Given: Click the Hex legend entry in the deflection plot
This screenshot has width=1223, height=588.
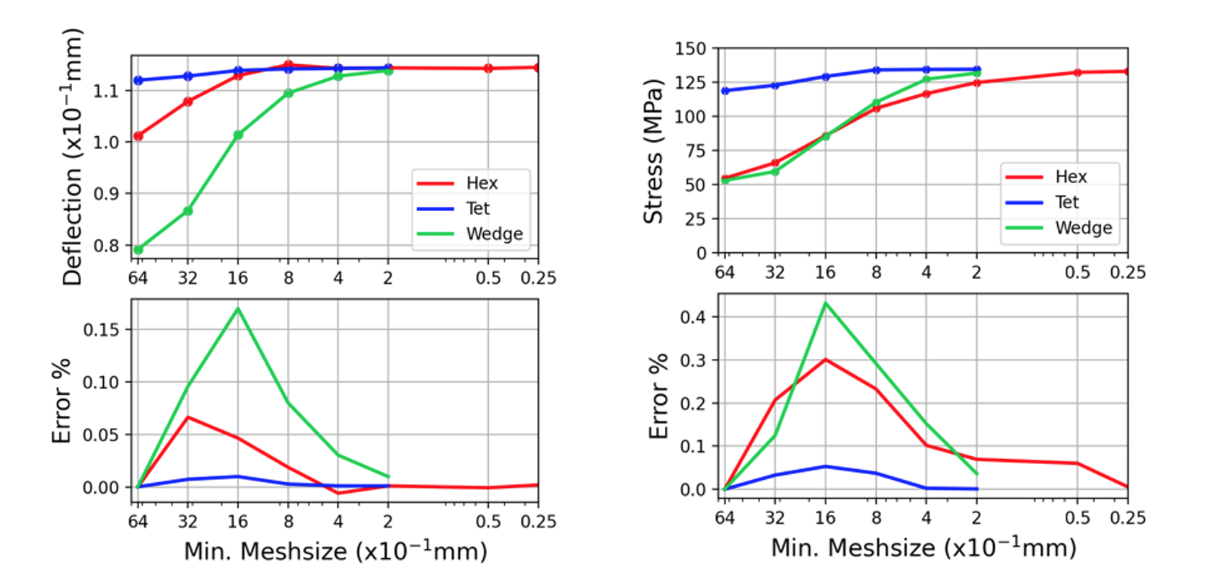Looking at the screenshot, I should click(x=480, y=183).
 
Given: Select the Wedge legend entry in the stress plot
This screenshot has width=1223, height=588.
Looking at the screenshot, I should click(x=1082, y=228).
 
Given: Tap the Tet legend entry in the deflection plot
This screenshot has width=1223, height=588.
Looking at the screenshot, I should click(x=477, y=208).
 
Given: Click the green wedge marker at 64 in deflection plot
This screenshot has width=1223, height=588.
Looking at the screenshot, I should click(x=138, y=249).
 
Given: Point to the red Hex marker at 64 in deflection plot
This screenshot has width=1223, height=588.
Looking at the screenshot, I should click(x=138, y=135).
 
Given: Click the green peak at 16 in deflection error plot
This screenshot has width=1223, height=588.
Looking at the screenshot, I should click(x=238, y=308).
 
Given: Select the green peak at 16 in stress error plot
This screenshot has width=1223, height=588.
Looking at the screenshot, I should click(x=826, y=303).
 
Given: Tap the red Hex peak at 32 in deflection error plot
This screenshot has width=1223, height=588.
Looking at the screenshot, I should click(x=188, y=417).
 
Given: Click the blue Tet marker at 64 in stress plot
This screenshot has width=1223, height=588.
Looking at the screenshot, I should click(x=725, y=91).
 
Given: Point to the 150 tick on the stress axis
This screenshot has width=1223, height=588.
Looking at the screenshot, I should click(x=690, y=48).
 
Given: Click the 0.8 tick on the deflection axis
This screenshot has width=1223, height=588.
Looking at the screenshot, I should click(x=106, y=245).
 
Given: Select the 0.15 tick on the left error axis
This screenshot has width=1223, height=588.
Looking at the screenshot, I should click(x=100, y=329).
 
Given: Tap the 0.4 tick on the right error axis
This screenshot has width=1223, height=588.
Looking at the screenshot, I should click(x=694, y=316).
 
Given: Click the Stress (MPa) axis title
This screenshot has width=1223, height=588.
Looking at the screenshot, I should click(x=653, y=151).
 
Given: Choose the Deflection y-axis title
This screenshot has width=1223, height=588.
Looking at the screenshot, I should click(x=72, y=157).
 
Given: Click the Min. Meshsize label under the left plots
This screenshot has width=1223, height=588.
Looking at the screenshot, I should click(x=335, y=551).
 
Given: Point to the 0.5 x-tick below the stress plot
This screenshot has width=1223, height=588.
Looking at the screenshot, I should click(x=1077, y=272).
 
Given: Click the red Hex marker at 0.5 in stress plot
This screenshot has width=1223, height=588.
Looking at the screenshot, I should click(x=1077, y=73).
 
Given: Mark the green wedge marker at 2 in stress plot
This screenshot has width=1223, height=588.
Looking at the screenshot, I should click(x=977, y=73).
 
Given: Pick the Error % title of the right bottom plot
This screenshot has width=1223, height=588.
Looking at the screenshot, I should click(x=658, y=396).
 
